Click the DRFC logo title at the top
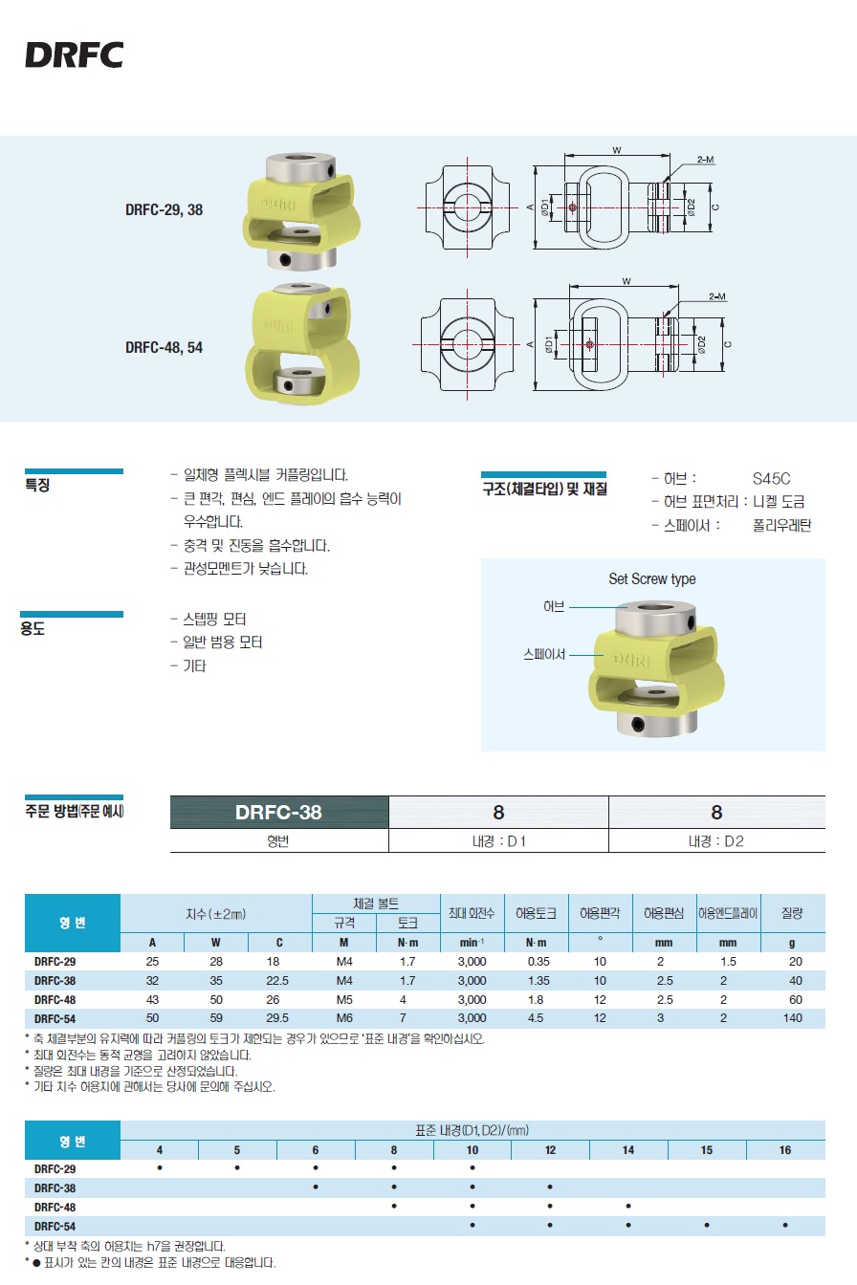(74, 54)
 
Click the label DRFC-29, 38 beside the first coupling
(165, 209)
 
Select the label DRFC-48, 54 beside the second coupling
(165, 347)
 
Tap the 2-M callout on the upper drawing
(706, 160)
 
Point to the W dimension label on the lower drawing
(626, 281)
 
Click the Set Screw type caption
(652, 578)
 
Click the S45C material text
(772, 478)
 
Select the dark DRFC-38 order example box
(279, 812)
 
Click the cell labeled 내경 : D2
(716, 841)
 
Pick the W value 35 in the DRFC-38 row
(216, 980)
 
